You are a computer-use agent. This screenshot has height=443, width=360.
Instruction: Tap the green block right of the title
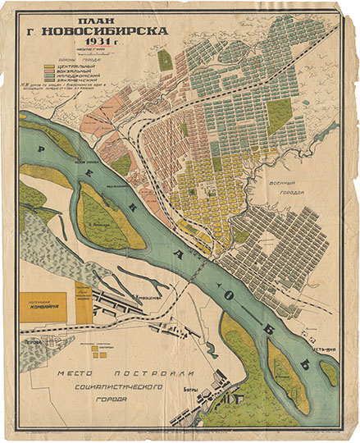pyautogui.click(x=166, y=60)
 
